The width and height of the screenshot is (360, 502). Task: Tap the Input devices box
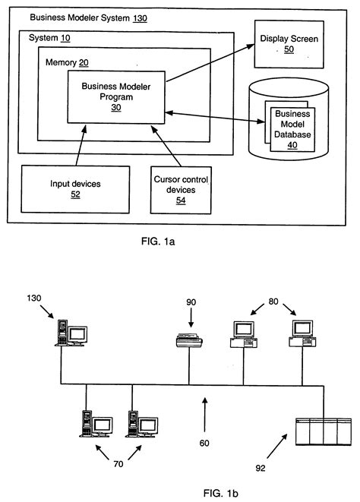click(x=74, y=188)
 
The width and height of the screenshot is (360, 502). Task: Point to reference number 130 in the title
click(x=139, y=16)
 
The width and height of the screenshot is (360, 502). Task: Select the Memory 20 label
click(x=68, y=62)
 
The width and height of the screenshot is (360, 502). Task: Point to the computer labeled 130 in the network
click(x=71, y=333)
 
